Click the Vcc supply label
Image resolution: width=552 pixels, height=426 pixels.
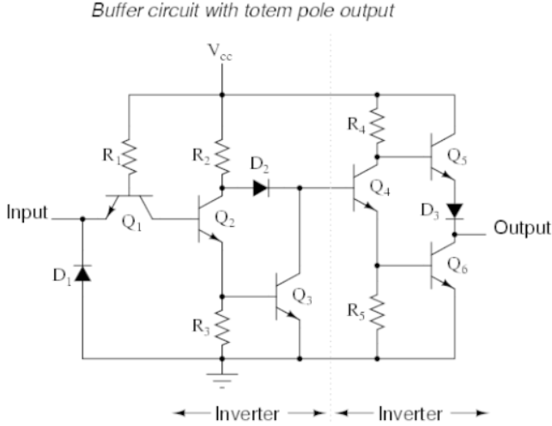[x=221, y=58]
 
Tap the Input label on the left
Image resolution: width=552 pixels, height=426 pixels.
[x=28, y=212]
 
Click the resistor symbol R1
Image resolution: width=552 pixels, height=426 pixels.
[x=129, y=158]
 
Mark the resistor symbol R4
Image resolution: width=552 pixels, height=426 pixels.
[x=377, y=125]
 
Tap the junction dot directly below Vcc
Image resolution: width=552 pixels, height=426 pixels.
[x=221, y=94]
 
